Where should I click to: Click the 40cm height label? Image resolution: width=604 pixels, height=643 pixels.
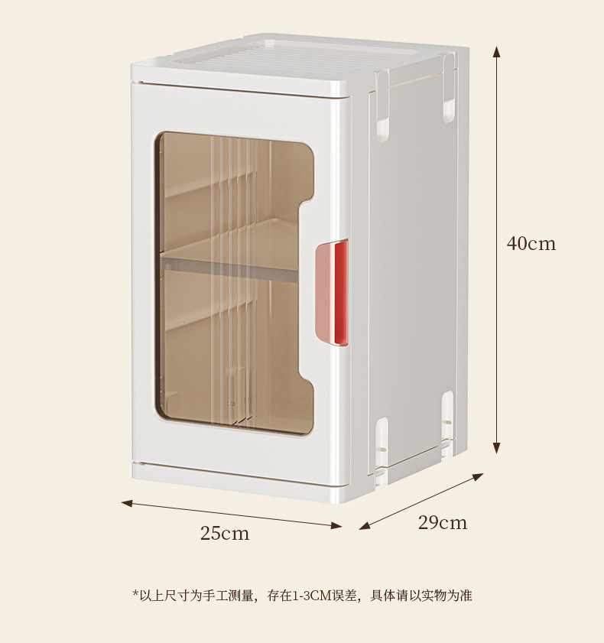(531, 244)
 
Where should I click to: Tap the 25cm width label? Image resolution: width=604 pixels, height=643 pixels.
(225, 534)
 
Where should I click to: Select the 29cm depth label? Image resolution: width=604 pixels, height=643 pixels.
(442, 523)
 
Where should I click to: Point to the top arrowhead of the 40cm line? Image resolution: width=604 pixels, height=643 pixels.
(497, 52)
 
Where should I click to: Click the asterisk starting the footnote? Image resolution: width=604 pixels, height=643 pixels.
(135, 593)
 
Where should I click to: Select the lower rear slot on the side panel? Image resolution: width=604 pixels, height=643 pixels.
(447, 413)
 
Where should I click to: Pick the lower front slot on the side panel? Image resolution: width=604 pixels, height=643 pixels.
(380, 440)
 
